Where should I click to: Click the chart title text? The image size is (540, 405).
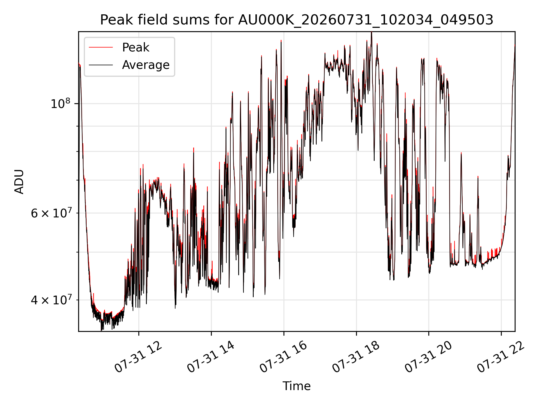[297, 20]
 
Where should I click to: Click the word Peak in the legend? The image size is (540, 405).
[136, 48]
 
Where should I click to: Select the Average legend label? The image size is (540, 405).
[146, 65]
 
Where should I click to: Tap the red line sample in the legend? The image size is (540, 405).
[101, 48]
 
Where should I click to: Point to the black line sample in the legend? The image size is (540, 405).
[101, 65]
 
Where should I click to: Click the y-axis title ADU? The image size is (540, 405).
[19, 182]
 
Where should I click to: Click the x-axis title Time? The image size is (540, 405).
[297, 386]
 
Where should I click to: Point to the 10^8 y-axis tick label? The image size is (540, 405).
[60, 103]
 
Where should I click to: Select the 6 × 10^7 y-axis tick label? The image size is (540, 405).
[50, 213]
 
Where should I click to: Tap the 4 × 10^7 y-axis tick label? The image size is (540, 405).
[50, 300]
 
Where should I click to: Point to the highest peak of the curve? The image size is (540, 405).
[372, 32]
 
